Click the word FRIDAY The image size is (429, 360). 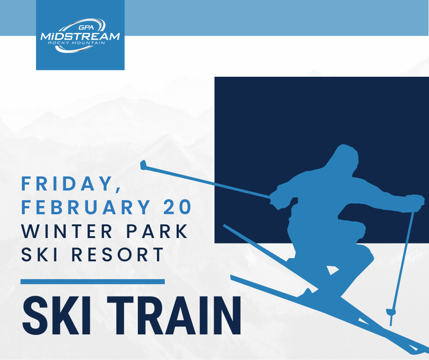(66, 184)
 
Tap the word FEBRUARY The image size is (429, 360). (86, 207)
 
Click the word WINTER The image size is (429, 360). (67, 231)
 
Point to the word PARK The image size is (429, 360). (157, 231)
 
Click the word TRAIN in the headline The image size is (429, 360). (174, 316)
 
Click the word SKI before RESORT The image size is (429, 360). (39, 254)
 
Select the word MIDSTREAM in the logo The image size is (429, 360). (80, 36)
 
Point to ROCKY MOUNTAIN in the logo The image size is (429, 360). (76, 43)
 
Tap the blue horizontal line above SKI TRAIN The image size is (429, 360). (93, 281)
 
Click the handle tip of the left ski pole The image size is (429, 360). (143, 165)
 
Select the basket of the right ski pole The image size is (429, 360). (391, 312)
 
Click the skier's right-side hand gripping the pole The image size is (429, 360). (415, 203)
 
